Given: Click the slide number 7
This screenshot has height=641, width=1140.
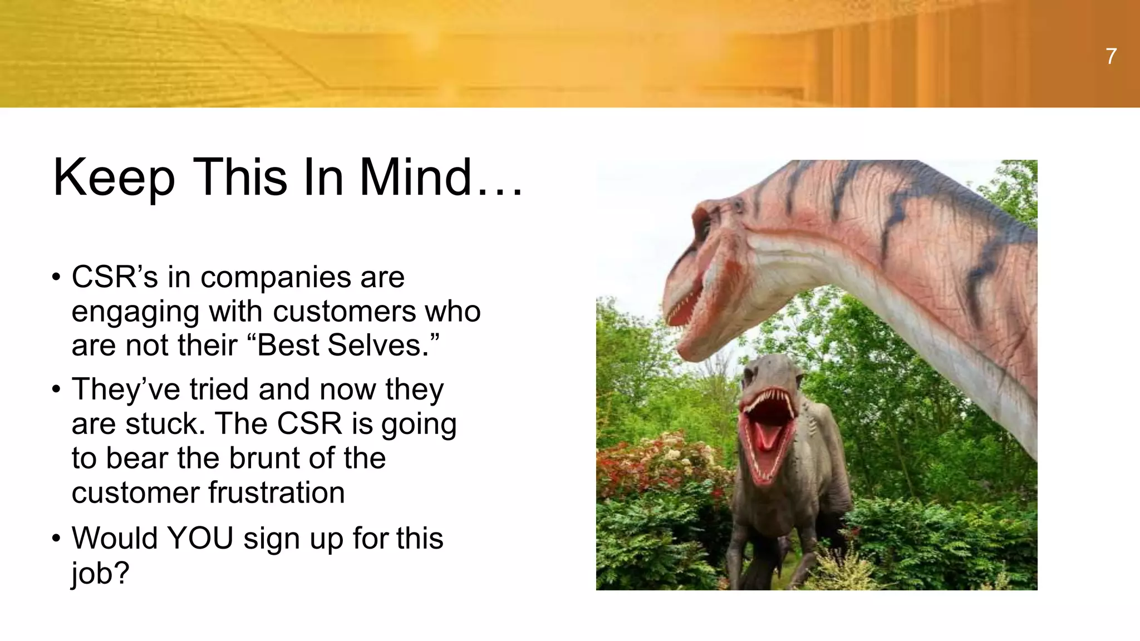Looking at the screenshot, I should (x=1111, y=57).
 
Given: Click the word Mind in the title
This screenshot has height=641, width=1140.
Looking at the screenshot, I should (x=415, y=177).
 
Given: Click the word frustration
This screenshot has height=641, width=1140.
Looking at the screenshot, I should (x=277, y=493).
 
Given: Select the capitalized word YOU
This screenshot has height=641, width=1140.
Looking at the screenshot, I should (x=200, y=539).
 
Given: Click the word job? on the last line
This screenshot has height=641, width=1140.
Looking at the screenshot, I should (x=100, y=573).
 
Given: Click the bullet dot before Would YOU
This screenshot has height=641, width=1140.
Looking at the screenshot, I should (x=56, y=539).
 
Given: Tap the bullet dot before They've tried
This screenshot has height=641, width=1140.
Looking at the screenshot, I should (x=56, y=389).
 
